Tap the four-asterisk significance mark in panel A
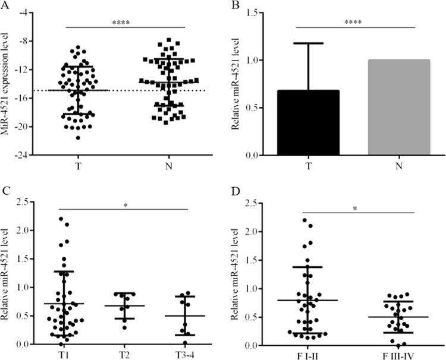(125, 23)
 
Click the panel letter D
(234, 193)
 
